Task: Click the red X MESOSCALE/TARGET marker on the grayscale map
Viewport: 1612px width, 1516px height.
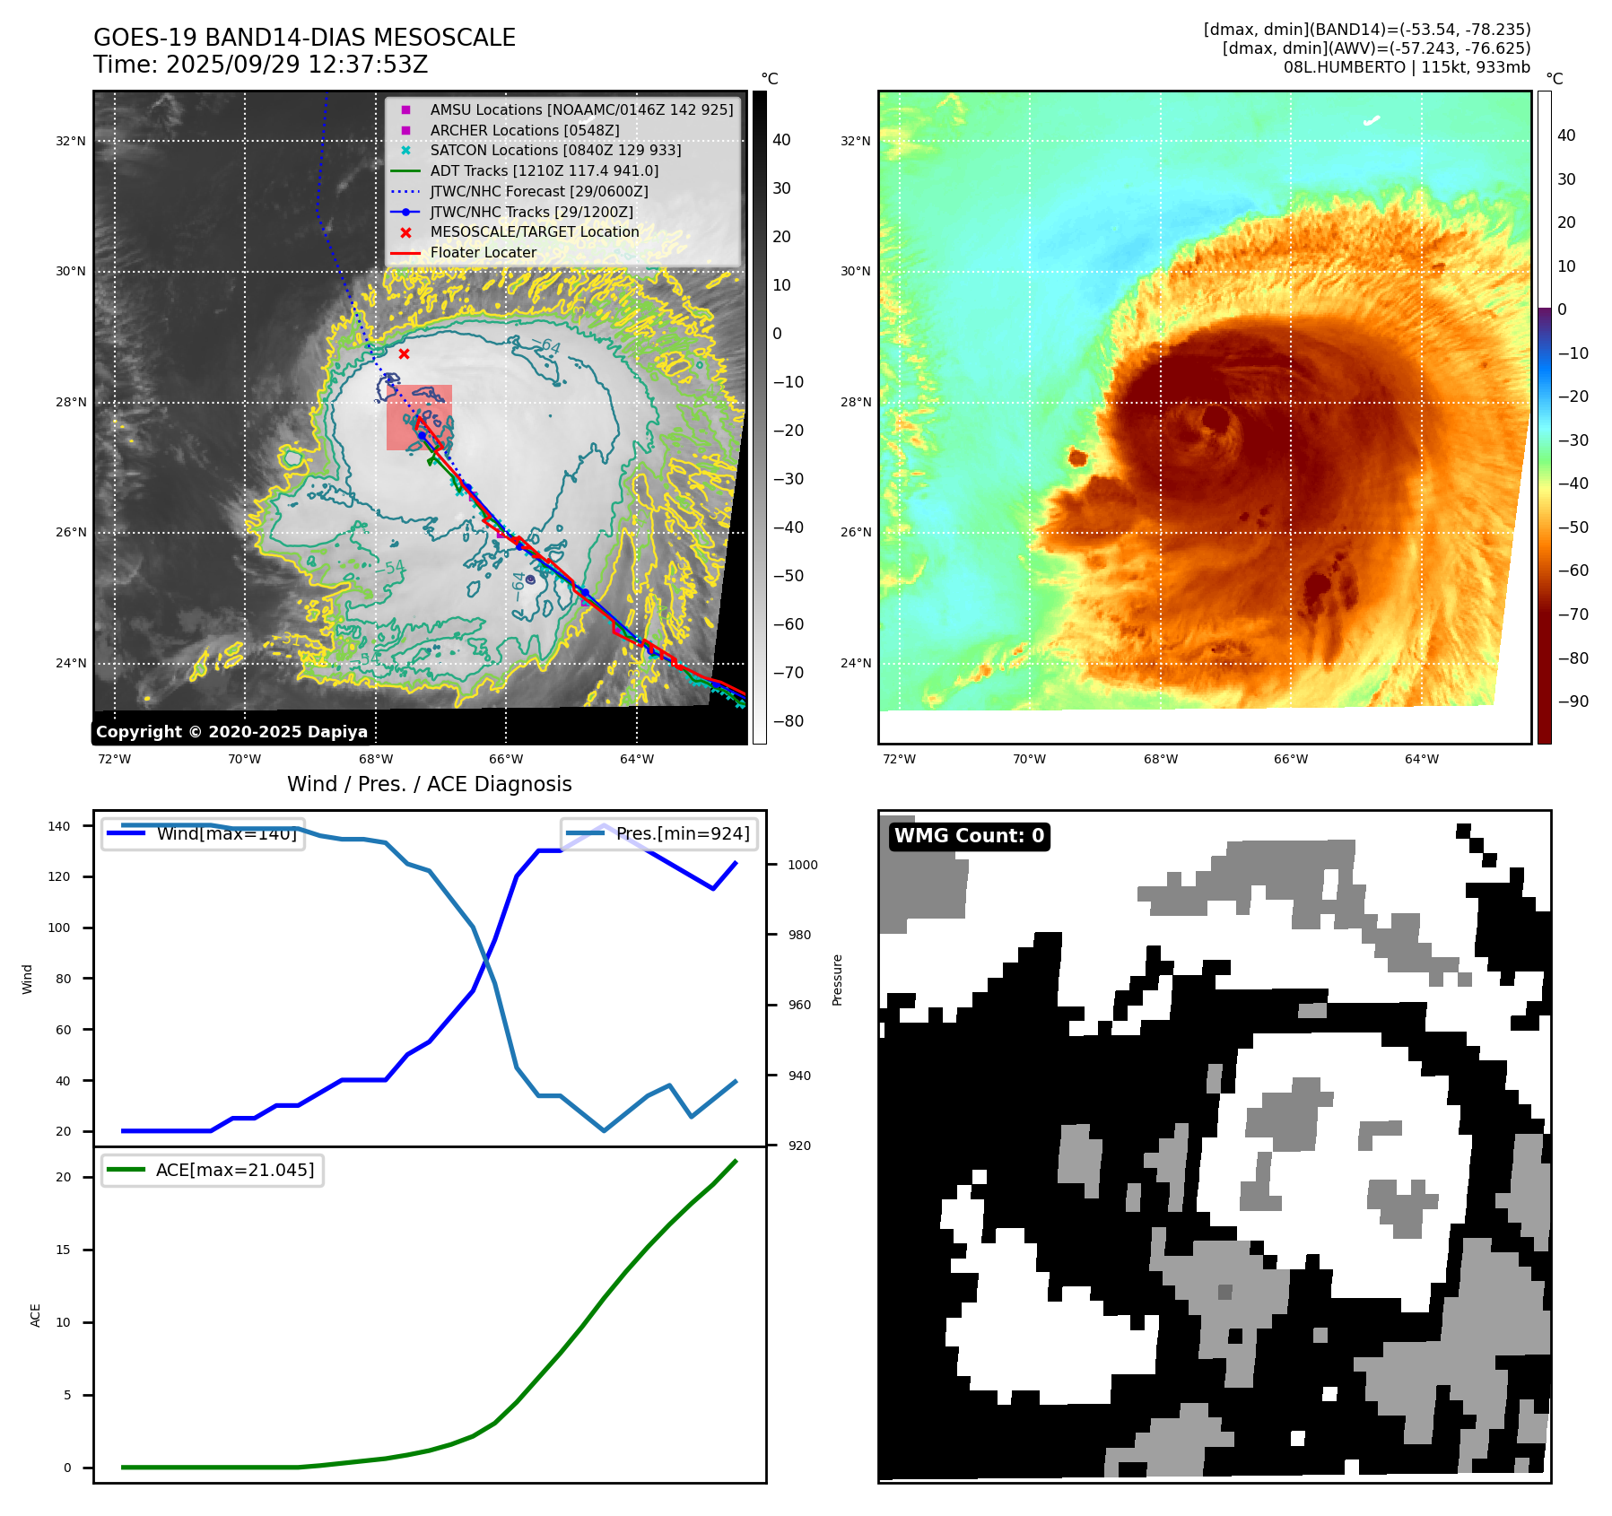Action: (404, 354)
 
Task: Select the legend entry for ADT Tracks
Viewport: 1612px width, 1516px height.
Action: (544, 171)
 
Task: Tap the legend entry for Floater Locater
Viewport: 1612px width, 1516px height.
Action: (483, 253)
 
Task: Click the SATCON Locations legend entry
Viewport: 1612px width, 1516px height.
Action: (555, 151)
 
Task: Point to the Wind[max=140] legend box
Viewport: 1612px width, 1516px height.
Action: (203, 833)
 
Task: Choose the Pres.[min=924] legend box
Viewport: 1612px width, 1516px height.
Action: (659, 833)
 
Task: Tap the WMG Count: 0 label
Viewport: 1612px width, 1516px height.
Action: (969, 836)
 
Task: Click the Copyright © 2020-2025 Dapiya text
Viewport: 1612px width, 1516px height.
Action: (231, 732)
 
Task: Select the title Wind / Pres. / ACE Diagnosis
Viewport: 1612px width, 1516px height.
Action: (429, 784)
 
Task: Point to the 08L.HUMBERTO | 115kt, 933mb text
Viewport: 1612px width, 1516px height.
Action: (1407, 67)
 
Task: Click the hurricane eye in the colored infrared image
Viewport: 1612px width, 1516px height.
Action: (1216, 419)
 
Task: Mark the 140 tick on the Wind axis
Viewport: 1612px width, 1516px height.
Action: (59, 826)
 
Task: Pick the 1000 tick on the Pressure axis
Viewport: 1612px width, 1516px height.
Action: (803, 865)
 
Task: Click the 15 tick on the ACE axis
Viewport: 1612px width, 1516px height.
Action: (63, 1250)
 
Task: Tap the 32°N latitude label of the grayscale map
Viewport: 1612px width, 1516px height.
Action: (71, 141)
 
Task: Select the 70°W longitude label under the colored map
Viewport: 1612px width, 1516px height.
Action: (1029, 759)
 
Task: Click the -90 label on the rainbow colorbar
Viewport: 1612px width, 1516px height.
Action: (1573, 701)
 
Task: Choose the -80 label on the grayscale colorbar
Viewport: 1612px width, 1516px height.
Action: (789, 721)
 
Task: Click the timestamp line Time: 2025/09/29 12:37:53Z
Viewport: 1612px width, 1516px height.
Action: (260, 65)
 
